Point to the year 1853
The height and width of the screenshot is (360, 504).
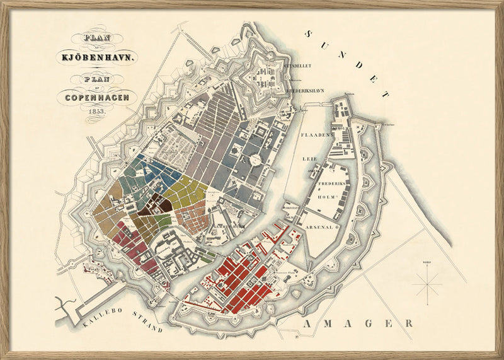[96, 110]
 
